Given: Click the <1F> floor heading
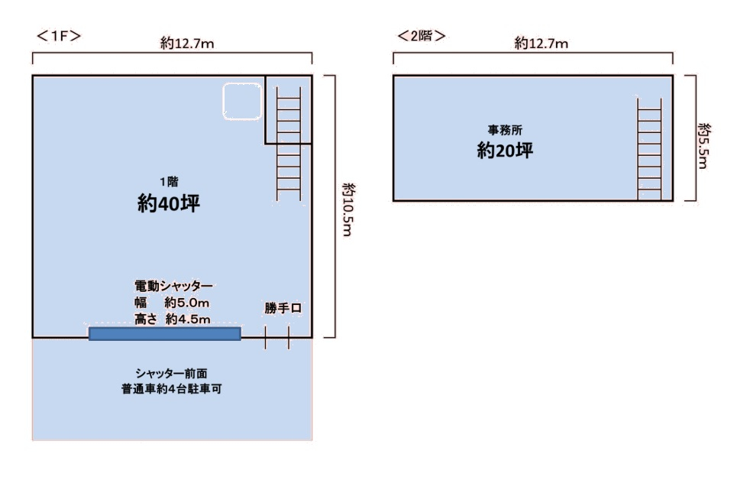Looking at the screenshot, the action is click(59, 36).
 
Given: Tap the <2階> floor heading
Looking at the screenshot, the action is click(421, 36).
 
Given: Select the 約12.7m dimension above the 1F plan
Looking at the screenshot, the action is click(187, 44).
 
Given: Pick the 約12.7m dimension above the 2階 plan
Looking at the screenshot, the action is click(541, 44).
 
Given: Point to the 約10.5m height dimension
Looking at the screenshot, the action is click(347, 209).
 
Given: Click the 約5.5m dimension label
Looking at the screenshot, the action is click(703, 146).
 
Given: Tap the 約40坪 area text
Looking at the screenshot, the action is click(169, 203).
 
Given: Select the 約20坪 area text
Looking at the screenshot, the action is click(506, 150).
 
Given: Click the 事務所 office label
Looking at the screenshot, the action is click(506, 129).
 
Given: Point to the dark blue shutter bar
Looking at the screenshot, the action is click(165, 334).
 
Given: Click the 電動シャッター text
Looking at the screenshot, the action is click(173, 286).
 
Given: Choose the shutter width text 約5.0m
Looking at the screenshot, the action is click(186, 303).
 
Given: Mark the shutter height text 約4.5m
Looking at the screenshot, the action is click(188, 319).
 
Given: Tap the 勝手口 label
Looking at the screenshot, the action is click(283, 308).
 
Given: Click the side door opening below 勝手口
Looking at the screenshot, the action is click(276, 337).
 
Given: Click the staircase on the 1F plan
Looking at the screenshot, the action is click(289, 144).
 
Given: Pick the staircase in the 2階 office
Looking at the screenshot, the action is click(649, 149).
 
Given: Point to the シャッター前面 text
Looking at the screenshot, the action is click(172, 373).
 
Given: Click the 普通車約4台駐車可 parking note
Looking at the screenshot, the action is click(172, 389).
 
